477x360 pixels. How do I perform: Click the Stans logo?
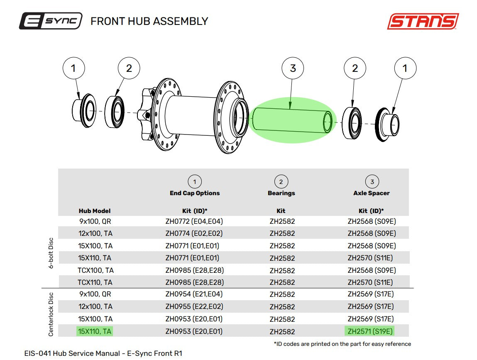[x=423, y=21]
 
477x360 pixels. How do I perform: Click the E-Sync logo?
[x=51, y=21]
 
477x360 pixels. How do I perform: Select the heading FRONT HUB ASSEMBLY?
[x=149, y=21]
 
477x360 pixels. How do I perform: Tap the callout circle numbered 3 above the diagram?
[x=293, y=68]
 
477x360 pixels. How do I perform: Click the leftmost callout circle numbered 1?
[x=73, y=68]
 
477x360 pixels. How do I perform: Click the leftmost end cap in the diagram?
[x=84, y=110]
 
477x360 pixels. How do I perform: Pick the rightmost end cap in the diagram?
[x=387, y=124]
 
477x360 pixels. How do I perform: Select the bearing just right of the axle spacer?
[x=352, y=123]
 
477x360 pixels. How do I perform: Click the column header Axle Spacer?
[x=372, y=193]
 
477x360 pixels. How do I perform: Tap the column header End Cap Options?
[x=195, y=193]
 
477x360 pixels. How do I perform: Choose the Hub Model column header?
[x=95, y=211]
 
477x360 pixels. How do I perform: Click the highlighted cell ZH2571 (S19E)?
[x=369, y=331]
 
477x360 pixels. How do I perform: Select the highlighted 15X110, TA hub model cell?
[x=95, y=331]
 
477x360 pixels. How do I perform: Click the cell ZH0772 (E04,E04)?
[x=194, y=221]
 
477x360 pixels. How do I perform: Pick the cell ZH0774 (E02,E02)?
[x=194, y=233]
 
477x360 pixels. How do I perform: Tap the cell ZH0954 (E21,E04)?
[x=194, y=294]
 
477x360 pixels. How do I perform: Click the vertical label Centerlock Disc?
[x=51, y=314]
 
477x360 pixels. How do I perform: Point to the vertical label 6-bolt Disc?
[x=51, y=253]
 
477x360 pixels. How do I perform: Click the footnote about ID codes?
[x=342, y=344]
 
